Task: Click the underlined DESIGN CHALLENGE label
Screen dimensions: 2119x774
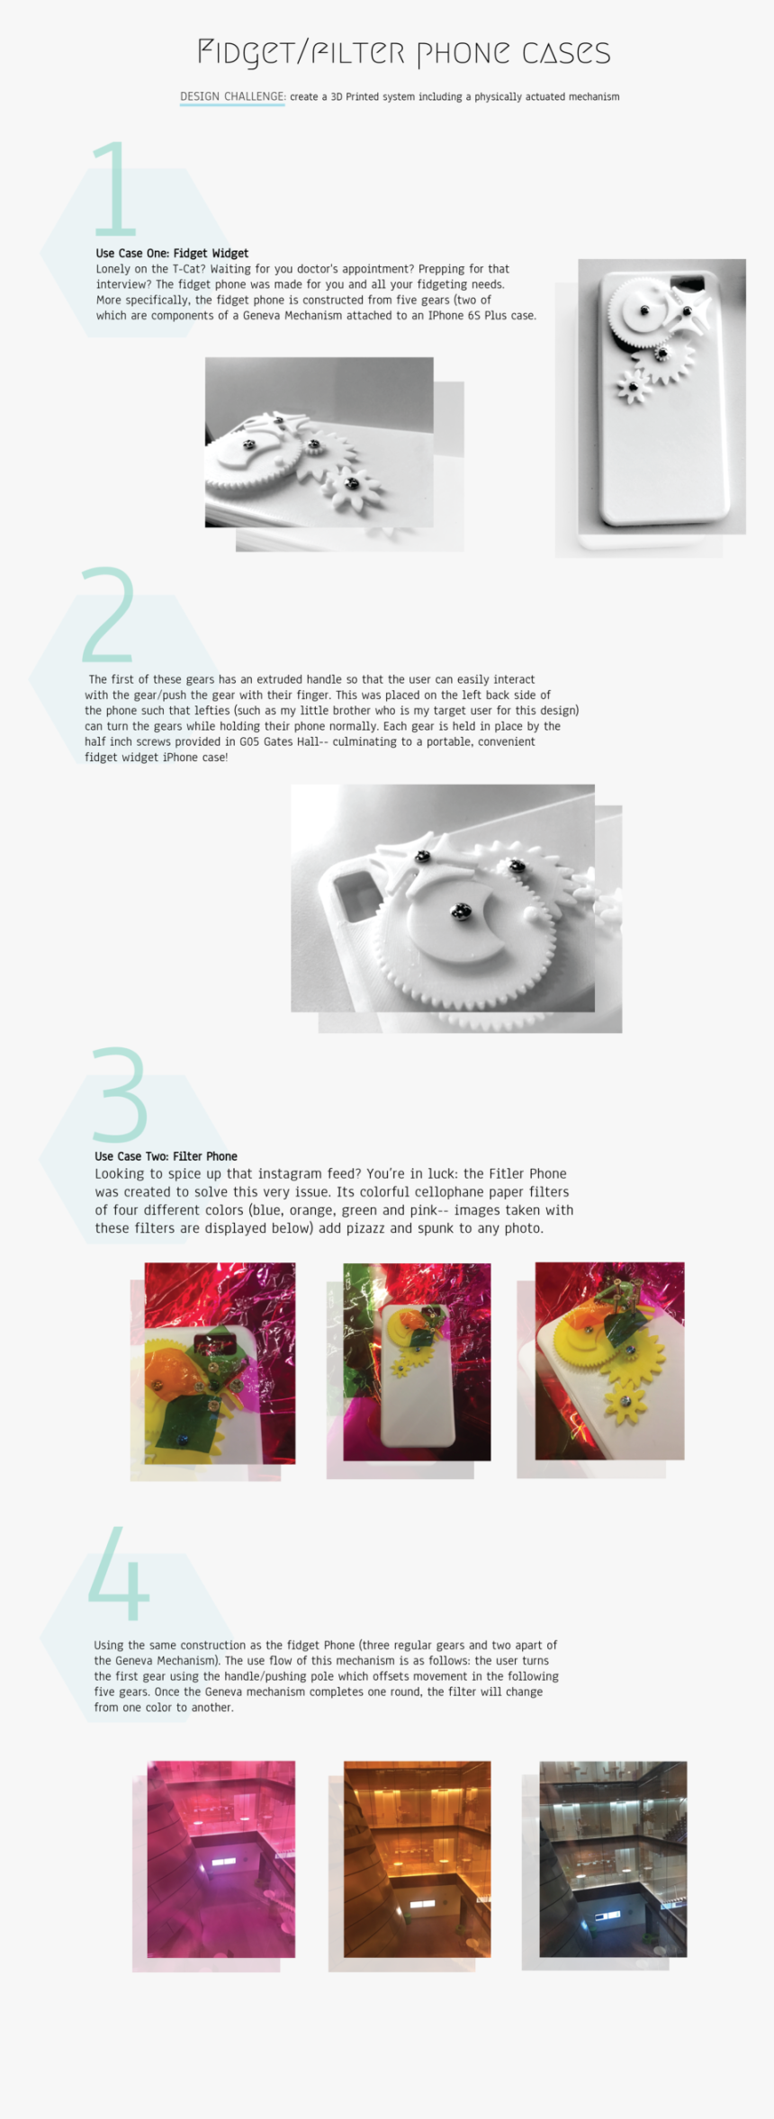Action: pyautogui.click(x=232, y=96)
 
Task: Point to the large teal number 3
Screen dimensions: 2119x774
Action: pyautogui.click(x=120, y=1094)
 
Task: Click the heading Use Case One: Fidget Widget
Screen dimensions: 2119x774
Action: pyautogui.click(x=172, y=254)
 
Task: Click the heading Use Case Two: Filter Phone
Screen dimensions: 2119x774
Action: pyautogui.click(x=166, y=1156)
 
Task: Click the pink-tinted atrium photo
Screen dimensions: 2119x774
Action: pyautogui.click(x=221, y=1858)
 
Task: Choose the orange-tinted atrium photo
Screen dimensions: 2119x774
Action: pyautogui.click(x=418, y=1858)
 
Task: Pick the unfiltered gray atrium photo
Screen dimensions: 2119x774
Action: pyautogui.click(x=613, y=1858)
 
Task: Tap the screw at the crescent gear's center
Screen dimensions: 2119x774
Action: pyautogui.click(x=461, y=912)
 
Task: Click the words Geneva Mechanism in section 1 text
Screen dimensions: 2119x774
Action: pyautogui.click(x=290, y=316)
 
